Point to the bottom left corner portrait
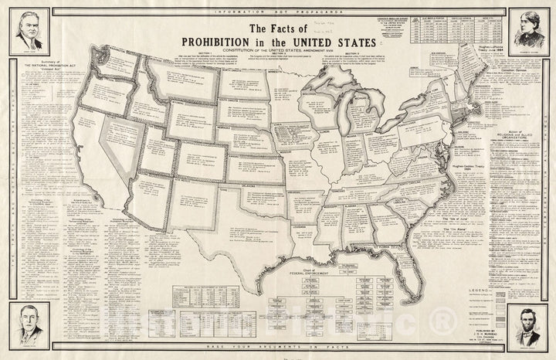pyautogui.click(x=28, y=324)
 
